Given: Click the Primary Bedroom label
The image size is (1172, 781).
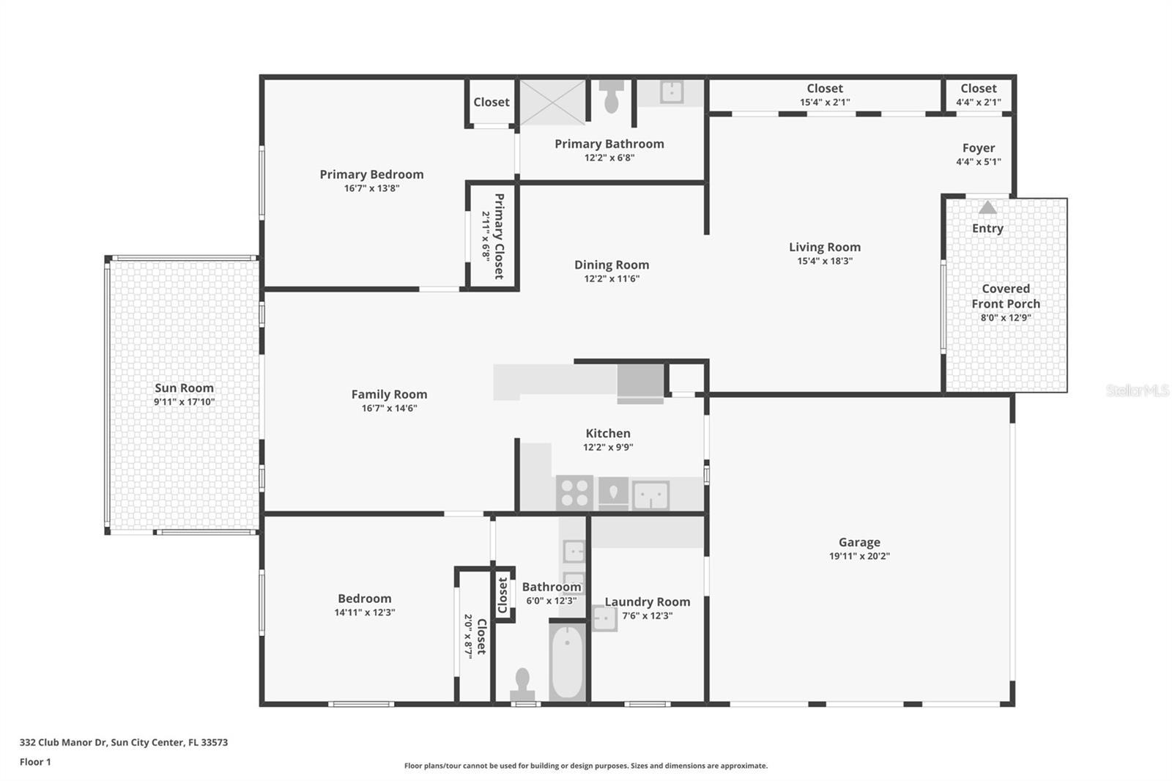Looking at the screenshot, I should click(371, 174).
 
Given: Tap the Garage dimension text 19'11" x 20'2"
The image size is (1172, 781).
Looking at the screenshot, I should click(859, 556).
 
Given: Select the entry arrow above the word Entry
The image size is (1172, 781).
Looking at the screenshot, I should click(987, 207).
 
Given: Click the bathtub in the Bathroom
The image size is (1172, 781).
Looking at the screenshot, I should click(567, 662).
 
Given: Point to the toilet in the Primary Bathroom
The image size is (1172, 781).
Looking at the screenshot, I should click(611, 97).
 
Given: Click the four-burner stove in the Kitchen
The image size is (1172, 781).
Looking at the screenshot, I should click(574, 492).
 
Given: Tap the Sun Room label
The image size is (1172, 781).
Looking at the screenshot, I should click(184, 388).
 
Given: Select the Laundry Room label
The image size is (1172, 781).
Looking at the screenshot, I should click(647, 602).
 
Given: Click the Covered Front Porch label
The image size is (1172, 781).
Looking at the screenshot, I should click(1006, 296).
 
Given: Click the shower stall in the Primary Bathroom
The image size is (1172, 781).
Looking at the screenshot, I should click(552, 103).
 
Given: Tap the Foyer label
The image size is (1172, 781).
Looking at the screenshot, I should click(979, 148).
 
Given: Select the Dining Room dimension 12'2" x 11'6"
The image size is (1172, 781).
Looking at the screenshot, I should click(612, 279).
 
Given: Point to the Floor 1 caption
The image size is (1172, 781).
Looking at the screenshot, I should click(35, 762).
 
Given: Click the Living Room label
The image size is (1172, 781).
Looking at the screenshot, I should click(825, 248).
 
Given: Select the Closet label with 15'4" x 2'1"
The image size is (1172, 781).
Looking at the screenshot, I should click(825, 89).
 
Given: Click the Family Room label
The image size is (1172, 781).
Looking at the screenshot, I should click(389, 394).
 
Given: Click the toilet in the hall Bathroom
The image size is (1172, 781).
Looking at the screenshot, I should click(522, 683).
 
